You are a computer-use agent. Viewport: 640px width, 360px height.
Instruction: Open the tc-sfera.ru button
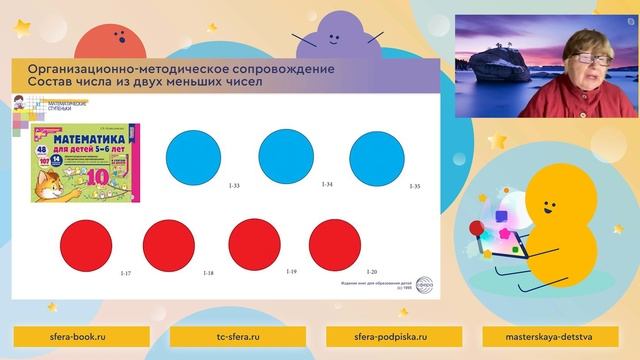click(240, 338)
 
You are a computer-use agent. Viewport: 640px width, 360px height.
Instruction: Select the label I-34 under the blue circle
click(327, 185)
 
